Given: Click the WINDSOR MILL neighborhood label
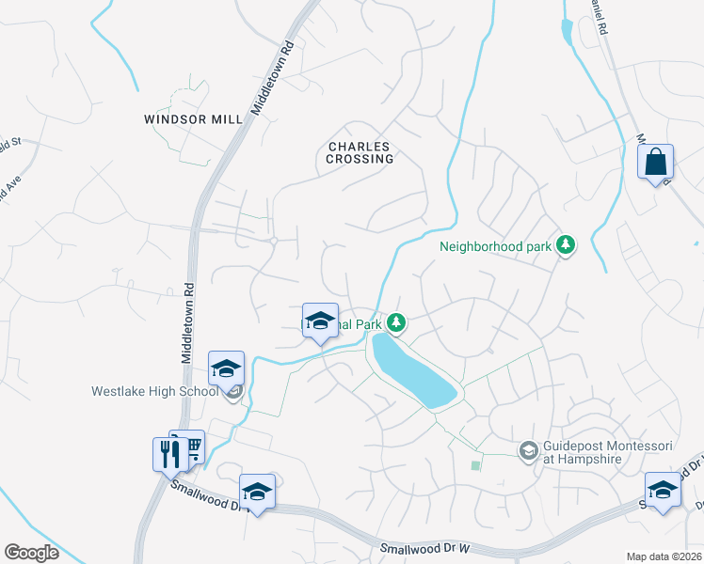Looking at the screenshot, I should click(193, 119).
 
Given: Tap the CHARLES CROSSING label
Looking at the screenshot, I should click(360, 152).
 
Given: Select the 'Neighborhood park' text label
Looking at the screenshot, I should click(494, 248).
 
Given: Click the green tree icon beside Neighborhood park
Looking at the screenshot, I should click(565, 245).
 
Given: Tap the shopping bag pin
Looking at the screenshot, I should click(655, 162).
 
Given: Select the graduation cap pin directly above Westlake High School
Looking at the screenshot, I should click(226, 369).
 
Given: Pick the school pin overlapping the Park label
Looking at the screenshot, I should click(320, 321).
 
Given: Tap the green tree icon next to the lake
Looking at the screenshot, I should click(397, 324).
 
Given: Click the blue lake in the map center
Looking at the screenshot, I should click(413, 369).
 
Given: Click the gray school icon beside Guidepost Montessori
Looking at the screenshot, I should click(529, 452).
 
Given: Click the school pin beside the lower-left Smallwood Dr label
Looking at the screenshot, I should click(256, 492).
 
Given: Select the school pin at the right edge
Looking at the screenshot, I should click(663, 491).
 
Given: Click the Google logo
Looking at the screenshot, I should click(31, 553).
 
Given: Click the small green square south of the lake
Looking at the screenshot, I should click(475, 465).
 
